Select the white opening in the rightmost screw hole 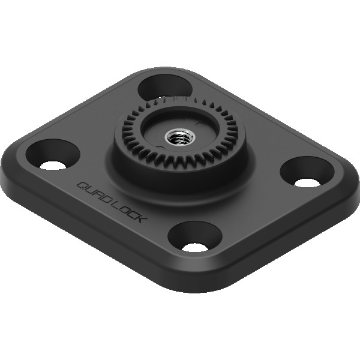[x=307, y=182]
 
